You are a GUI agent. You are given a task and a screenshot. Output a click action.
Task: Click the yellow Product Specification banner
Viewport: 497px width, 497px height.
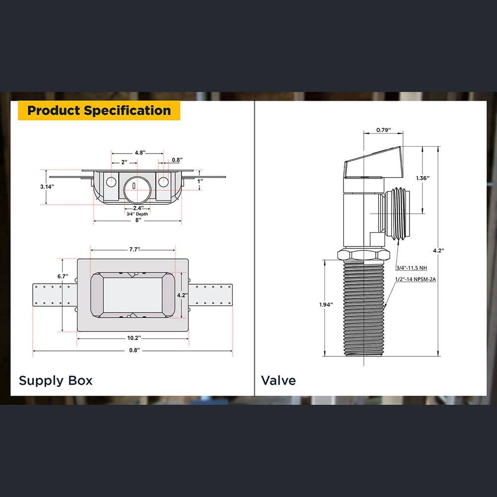coord(99,111)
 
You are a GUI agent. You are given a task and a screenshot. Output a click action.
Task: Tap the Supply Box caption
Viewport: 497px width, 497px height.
coord(56,380)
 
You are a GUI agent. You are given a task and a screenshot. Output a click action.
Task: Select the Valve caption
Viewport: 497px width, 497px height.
coord(278,380)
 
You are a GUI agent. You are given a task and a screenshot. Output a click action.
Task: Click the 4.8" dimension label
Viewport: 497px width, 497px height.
coord(140,153)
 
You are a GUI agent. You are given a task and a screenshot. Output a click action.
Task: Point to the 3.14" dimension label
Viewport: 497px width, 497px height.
coord(47,187)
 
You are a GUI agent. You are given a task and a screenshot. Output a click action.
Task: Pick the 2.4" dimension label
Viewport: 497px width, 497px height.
coord(138,208)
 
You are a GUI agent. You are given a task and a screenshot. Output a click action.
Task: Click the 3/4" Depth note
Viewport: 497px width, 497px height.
coord(137,214)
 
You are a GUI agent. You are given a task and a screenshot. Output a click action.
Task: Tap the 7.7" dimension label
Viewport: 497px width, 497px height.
coord(134,249)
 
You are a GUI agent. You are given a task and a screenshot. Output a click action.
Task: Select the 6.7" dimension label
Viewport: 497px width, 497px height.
coord(63,276)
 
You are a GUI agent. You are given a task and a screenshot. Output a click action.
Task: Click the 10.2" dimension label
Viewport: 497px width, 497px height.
coord(134,338)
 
